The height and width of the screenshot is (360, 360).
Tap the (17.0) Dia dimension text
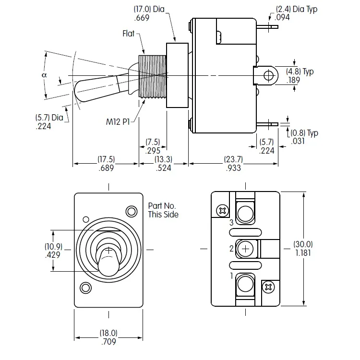[x=149, y=10]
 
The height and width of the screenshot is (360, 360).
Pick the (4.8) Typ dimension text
[x=300, y=72]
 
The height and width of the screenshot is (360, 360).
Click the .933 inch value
[x=233, y=168]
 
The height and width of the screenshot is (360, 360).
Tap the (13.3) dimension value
[x=165, y=159]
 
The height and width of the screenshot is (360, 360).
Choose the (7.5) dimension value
[x=153, y=142]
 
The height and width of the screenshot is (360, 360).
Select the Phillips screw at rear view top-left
[x=222, y=210]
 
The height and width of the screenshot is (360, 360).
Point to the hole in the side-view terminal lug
[x=269, y=75]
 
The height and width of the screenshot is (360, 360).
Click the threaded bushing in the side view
[x=152, y=76]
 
